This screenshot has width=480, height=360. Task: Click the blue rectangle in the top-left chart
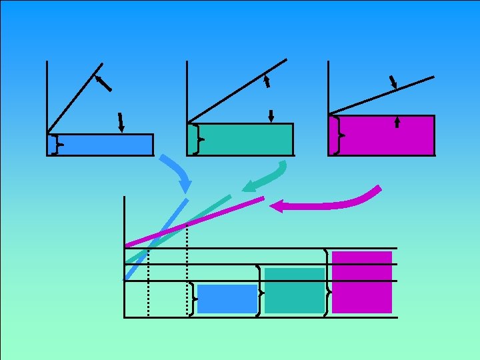pos(107,145)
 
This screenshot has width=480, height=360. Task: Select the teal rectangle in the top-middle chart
pos(247,139)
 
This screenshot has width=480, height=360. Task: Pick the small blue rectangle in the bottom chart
pos(227,299)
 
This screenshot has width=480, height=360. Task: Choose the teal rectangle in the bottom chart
pos(294,290)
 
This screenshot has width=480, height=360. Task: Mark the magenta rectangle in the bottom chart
pos(361,282)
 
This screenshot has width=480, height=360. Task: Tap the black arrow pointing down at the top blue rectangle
pos(121,123)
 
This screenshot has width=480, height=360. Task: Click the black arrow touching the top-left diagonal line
pos(103,83)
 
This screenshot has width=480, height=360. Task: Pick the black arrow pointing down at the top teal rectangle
pos(271,115)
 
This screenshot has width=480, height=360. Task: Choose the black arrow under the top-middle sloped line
pos(267,82)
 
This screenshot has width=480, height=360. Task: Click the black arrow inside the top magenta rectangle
pos(397,121)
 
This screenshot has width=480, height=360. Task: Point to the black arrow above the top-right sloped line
pos(393,82)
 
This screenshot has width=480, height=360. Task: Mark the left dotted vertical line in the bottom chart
pos(148,280)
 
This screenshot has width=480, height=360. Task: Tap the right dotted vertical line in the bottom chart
pos(187,267)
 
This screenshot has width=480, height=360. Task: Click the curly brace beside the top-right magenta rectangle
pos(339,135)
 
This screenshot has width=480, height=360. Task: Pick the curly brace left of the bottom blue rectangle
pos(192,298)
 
